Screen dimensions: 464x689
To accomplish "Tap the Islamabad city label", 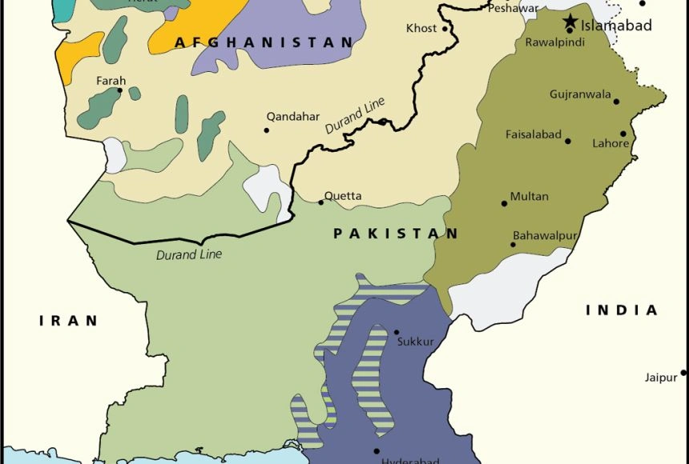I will coord(617,25).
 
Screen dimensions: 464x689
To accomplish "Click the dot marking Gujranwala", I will coord(617,102).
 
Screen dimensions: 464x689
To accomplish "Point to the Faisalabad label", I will coord(534,134).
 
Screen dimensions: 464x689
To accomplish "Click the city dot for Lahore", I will coord(623,134).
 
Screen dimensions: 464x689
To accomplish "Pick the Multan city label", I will coord(530,196).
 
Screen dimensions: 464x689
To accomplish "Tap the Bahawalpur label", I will coord(544,238).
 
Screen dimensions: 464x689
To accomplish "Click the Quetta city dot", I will coord(321,202).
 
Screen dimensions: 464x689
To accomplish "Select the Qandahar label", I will coord(293,116).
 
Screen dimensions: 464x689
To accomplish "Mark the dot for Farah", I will coord(120,90).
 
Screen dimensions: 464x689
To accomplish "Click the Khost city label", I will coord(421,28).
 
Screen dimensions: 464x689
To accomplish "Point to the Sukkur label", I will coord(415,342).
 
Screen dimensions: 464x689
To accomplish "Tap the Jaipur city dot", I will coord(683,373).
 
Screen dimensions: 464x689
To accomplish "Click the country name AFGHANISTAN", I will coord(264,42).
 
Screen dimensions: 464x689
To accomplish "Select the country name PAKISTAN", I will coord(396,234).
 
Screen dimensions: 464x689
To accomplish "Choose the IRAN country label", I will coord(69,321).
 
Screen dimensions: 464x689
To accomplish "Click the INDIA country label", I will coord(622,310).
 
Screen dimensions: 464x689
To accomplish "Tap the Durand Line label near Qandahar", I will coord(356,115).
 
